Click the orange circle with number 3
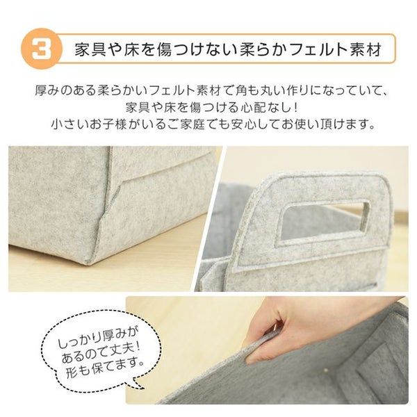(x=41, y=49)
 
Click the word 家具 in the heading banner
(x=90, y=49)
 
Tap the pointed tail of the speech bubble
(x=143, y=389)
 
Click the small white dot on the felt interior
(x=326, y=369)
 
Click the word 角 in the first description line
(x=241, y=90)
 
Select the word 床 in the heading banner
(x=131, y=49)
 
